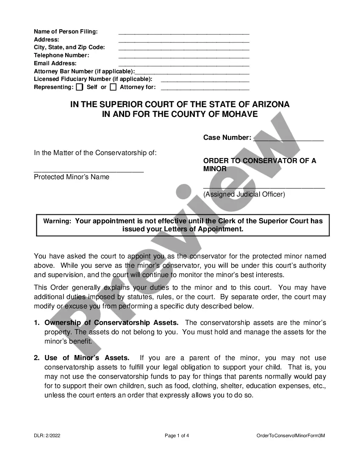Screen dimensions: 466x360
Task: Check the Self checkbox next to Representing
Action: point(79,87)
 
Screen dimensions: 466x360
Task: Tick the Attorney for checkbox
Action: point(113,87)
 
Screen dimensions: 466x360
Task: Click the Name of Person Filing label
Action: point(66,32)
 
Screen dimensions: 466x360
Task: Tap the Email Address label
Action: point(55,64)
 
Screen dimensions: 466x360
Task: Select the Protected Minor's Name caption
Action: point(72,177)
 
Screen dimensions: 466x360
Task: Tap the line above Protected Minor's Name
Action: point(89,171)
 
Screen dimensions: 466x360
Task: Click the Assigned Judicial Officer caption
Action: point(244,194)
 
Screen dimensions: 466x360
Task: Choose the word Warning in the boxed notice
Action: point(57,221)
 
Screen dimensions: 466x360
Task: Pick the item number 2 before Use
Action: point(36,358)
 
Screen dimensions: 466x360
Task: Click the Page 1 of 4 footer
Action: point(177,435)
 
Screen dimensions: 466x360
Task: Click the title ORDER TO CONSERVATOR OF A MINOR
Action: point(260,165)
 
